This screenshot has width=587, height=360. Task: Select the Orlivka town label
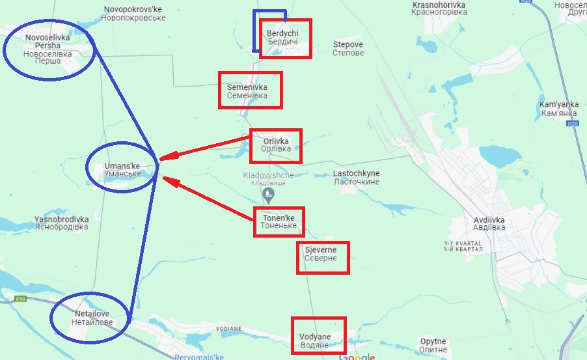[x=275, y=145]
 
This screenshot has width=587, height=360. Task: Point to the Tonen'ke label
[x=279, y=221]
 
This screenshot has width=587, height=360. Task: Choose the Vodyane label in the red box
[x=315, y=340]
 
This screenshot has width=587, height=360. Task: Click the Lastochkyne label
[x=356, y=178]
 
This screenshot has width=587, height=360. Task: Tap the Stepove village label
[x=348, y=49]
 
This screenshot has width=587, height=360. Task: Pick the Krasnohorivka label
[x=439, y=9]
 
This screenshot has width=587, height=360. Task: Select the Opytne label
[x=433, y=346]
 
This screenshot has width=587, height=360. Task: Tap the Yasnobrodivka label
[x=62, y=223]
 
